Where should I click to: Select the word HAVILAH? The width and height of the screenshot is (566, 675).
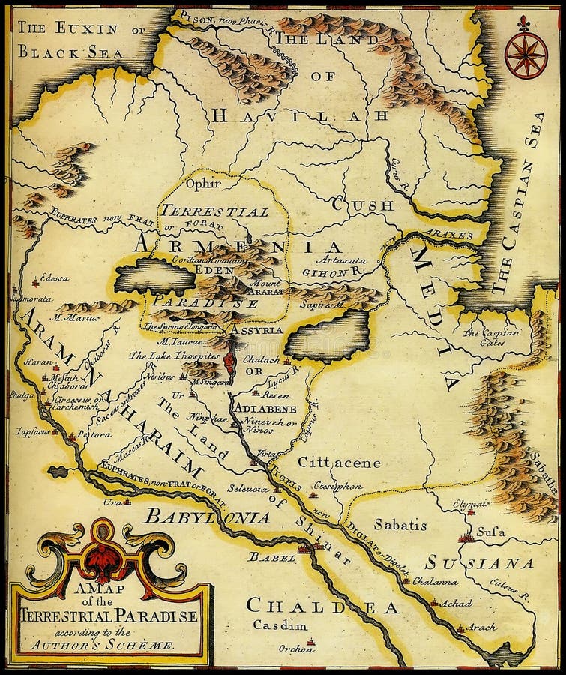coord(299,115)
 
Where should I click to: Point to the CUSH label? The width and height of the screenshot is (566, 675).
coord(364,204)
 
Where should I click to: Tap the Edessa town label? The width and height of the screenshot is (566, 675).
coord(54,277)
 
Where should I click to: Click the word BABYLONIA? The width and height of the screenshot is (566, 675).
coord(208,516)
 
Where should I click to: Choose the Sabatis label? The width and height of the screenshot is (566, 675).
coord(400,524)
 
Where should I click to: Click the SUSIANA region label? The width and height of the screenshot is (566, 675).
coord(480,562)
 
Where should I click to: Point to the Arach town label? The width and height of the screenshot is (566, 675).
coord(481,626)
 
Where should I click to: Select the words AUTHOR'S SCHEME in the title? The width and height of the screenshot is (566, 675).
coord(132,644)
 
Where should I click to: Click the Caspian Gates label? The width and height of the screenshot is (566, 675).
coord(490,337)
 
